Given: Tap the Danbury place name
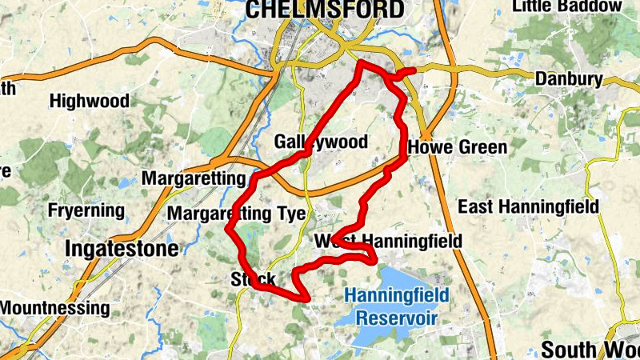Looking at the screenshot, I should tap(568, 79).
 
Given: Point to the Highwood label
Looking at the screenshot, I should tap(89, 102).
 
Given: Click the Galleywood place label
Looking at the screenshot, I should tap(321, 142).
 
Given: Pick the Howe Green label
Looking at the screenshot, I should tap(457, 148).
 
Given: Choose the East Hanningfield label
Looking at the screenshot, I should tap(528, 207).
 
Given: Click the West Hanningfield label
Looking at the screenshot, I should tap(388, 241).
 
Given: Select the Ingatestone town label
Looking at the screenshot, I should tap(122, 248).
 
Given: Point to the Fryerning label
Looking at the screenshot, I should tap(86, 211).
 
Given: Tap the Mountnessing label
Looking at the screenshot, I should tap(54, 308).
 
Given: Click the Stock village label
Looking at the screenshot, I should tap(253, 279).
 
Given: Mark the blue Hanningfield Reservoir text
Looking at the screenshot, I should tap(397, 306).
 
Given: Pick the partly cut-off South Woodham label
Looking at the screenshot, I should tap(590, 350).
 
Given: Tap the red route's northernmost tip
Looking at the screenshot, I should tap(362, 62).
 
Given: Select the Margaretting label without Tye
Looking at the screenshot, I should tap(193, 178).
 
